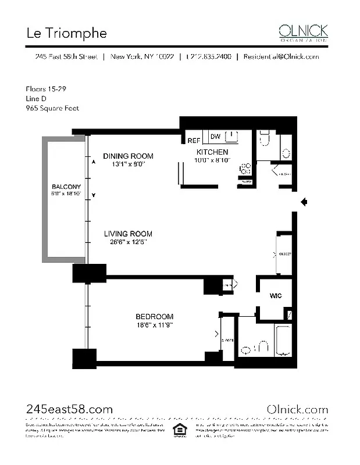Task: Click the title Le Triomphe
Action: tap(66, 33)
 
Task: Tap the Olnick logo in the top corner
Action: tap(303, 31)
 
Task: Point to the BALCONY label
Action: tap(65, 187)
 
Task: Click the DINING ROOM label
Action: tap(128, 156)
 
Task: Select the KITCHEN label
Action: tap(212, 152)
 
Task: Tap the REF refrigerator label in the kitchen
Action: tap(194, 140)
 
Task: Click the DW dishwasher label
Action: tap(215, 137)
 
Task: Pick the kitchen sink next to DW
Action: tap(233, 137)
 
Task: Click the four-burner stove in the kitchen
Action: tap(245, 168)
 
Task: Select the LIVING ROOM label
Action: tap(128, 234)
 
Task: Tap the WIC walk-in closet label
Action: tap(276, 296)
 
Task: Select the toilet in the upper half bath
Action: tap(265, 139)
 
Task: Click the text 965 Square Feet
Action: tap(52, 108)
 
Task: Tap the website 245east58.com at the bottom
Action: tap(69, 409)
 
